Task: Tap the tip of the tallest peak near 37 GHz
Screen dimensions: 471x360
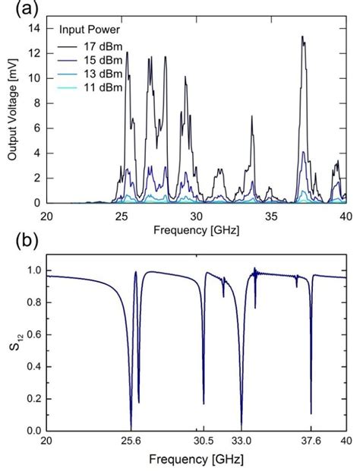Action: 302,36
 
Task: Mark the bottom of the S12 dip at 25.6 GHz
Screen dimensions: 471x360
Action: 131,429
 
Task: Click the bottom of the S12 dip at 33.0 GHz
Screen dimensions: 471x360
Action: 242,428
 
